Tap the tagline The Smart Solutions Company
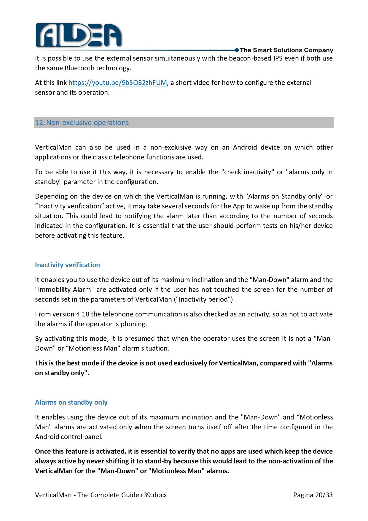(x=286, y=50)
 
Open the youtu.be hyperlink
(x=118, y=83)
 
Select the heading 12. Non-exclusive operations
(x=82, y=123)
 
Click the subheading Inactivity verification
(x=67, y=265)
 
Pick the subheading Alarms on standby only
(x=71, y=402)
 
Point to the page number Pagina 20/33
(x=313, y=495)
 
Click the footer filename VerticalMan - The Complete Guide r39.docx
(x=101, y=495)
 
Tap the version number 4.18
(x=83, y=314)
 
